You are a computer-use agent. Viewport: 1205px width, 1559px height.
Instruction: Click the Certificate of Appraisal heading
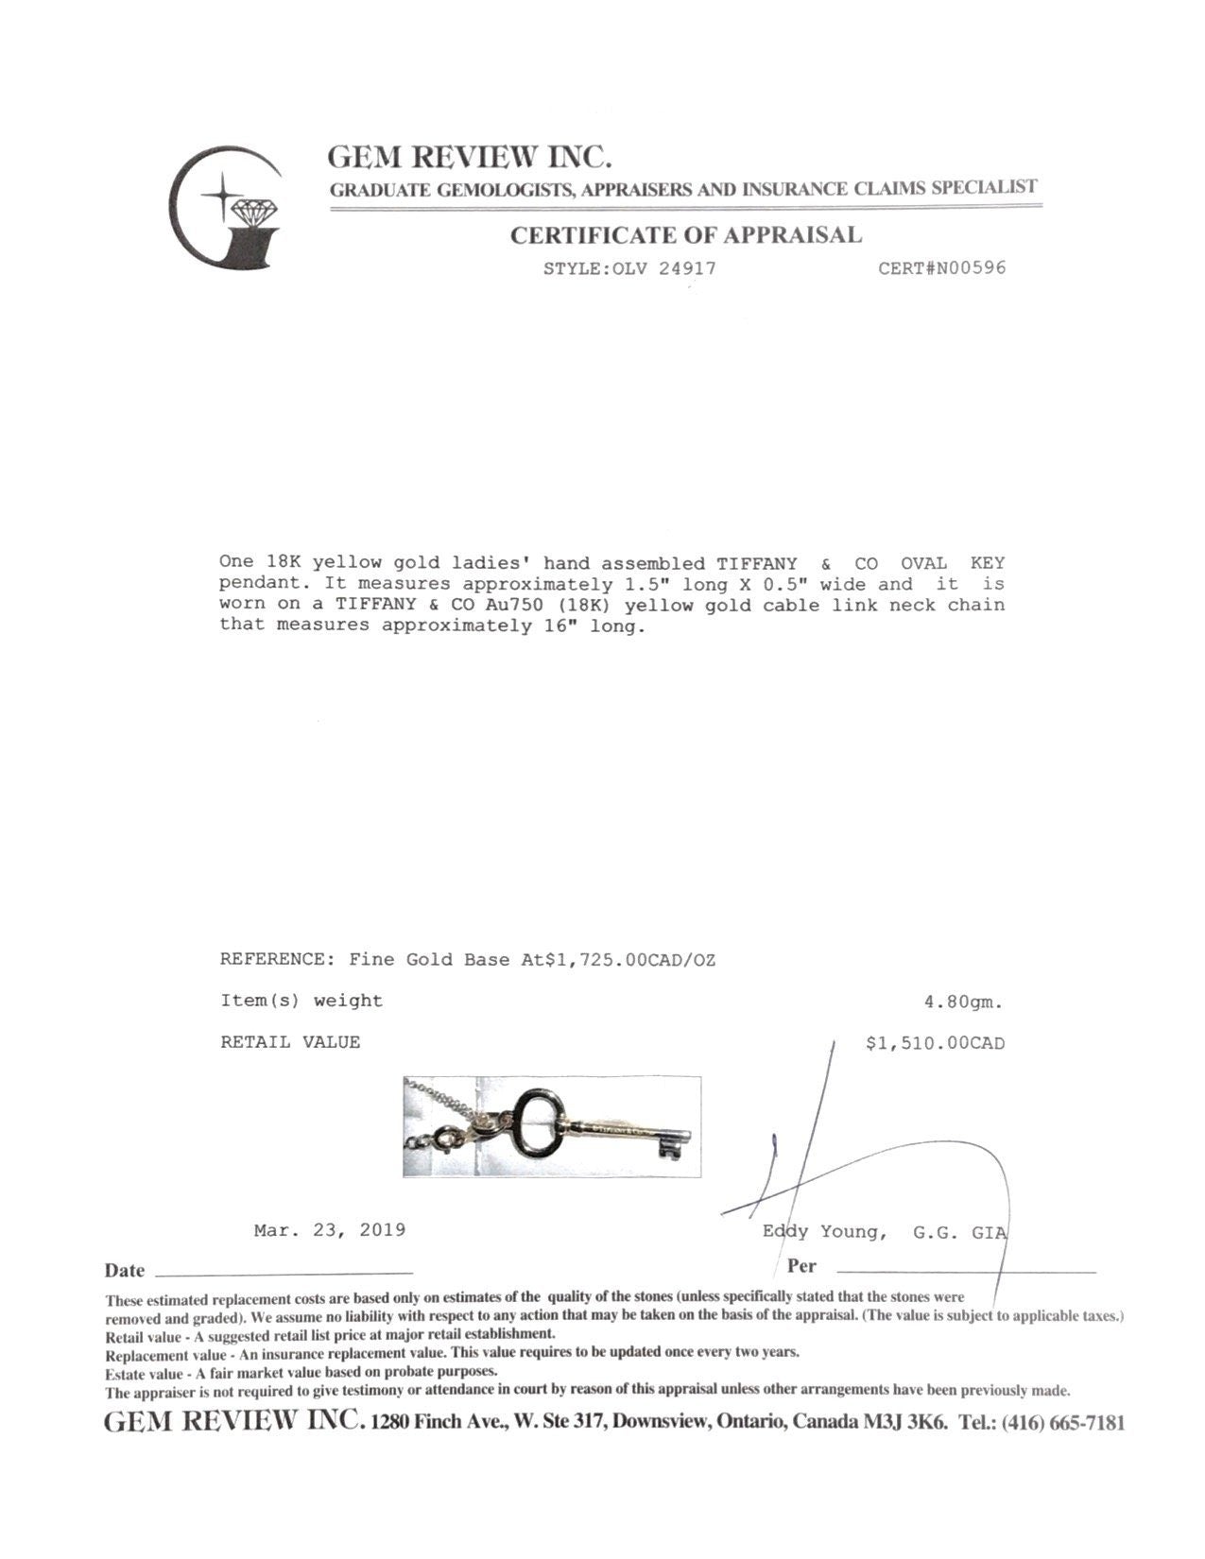coord(686,235)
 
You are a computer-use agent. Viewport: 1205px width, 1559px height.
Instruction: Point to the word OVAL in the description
coord(923,563)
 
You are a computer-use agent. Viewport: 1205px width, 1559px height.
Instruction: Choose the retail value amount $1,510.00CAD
coord(935,1043)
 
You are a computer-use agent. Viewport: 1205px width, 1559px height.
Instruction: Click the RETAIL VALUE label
coord(290,1042)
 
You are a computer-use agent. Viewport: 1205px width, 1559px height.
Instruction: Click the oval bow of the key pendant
coord(535,1117)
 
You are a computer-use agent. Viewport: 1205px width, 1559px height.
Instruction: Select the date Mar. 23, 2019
coord(330,1230)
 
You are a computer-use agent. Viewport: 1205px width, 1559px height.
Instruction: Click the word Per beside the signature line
coord(800,1266)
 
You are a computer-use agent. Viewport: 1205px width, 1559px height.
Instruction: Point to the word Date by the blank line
coord(125,1271)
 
